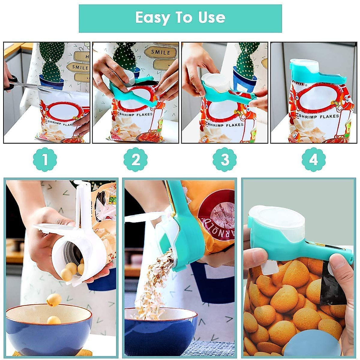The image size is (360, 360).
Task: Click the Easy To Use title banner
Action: (180, 18)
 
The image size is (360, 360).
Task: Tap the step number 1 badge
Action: (45, 160)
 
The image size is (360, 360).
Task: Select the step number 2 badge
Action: (136, 160)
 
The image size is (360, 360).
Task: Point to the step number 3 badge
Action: (225, 160)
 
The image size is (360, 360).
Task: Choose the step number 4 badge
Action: (313, 160)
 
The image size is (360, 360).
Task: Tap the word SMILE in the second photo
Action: (160, 52)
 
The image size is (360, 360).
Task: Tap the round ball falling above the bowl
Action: (54, 300)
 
